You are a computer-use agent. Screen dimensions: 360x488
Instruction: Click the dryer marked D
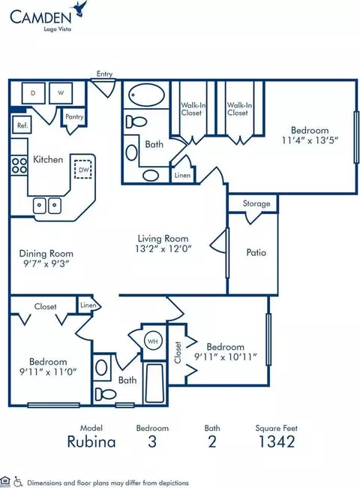point(33,93)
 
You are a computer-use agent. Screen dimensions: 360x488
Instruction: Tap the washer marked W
point(61,93)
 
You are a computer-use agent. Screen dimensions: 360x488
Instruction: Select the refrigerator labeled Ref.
point(22,125)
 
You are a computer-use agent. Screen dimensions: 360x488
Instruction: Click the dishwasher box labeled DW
point(83,170)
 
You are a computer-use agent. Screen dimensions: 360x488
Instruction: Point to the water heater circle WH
point(153,341)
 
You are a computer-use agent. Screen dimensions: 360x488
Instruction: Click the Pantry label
point(74,116)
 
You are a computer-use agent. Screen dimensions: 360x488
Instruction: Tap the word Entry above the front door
point(104,74)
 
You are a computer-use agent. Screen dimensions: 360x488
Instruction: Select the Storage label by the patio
point(256,203)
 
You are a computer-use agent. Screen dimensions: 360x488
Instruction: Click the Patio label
point(256,252)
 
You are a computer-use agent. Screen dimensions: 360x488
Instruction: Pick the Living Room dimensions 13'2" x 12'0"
point(163,249)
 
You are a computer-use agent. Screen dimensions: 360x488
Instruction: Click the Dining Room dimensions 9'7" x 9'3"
point(46,264)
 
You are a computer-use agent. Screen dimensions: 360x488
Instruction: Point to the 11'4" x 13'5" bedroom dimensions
point(310,140)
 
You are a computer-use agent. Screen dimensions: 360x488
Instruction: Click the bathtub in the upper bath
point(146,95)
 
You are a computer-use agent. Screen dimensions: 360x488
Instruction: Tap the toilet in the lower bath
point(105,393)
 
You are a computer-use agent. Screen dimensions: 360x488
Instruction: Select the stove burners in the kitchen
point(19,166)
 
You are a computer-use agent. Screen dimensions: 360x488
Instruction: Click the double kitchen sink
point(47,206)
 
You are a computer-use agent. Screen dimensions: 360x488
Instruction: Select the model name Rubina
point(91,441)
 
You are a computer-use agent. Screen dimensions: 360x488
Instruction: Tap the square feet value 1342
point(276,441)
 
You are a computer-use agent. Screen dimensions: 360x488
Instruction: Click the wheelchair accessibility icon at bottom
point(18,482)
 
